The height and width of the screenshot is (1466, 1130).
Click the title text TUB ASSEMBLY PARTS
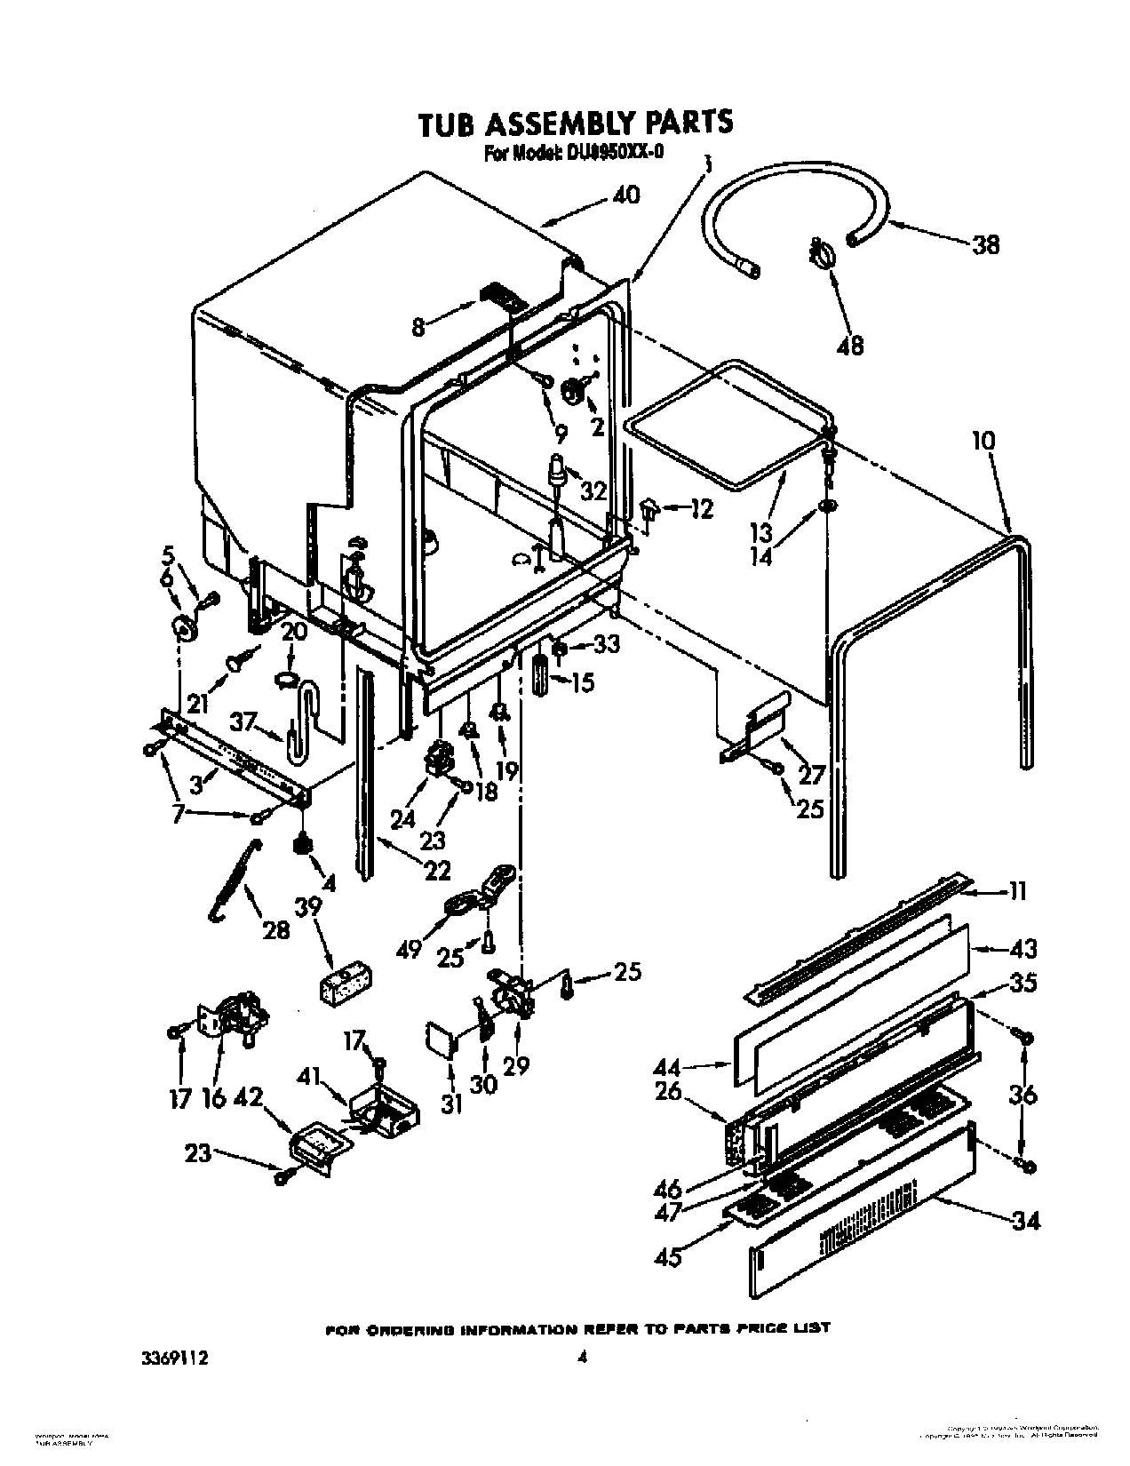575,123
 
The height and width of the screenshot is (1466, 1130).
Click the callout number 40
625,195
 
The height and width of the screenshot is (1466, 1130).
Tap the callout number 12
701,510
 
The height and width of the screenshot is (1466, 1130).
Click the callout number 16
213,1098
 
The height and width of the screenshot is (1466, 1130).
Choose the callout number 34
1024,1222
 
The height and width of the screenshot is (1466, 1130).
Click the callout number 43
1023,950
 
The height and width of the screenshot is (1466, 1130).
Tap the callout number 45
668,1257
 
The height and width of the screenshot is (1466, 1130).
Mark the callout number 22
436,871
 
